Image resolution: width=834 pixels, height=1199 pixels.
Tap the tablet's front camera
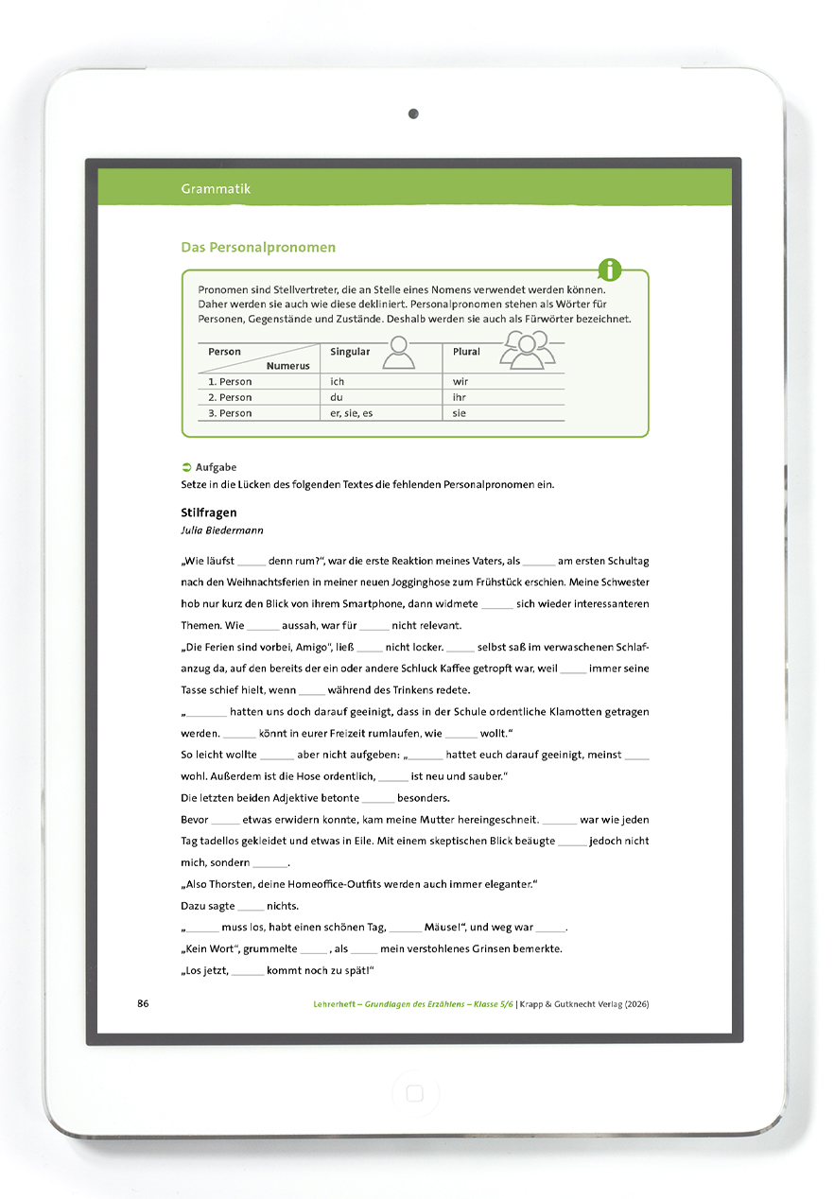tap(413, 114)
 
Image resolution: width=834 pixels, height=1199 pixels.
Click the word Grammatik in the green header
tap(216, 189)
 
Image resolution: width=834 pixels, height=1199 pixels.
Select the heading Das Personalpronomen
tap(258, 248)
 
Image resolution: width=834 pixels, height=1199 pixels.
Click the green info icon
tap(611, 269)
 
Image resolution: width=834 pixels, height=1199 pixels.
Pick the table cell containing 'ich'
tap(338, 382)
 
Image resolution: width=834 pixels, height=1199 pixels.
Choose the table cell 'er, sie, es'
tap(352, 413)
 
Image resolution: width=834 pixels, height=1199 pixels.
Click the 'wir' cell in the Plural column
tap(460, 382)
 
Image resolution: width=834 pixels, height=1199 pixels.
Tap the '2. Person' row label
tap(230, 398)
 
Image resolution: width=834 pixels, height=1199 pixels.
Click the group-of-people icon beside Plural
tap(524, 352)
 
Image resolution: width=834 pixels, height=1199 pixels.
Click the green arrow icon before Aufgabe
tap(186, 467)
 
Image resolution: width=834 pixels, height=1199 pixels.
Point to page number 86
tap(144, 1003)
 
